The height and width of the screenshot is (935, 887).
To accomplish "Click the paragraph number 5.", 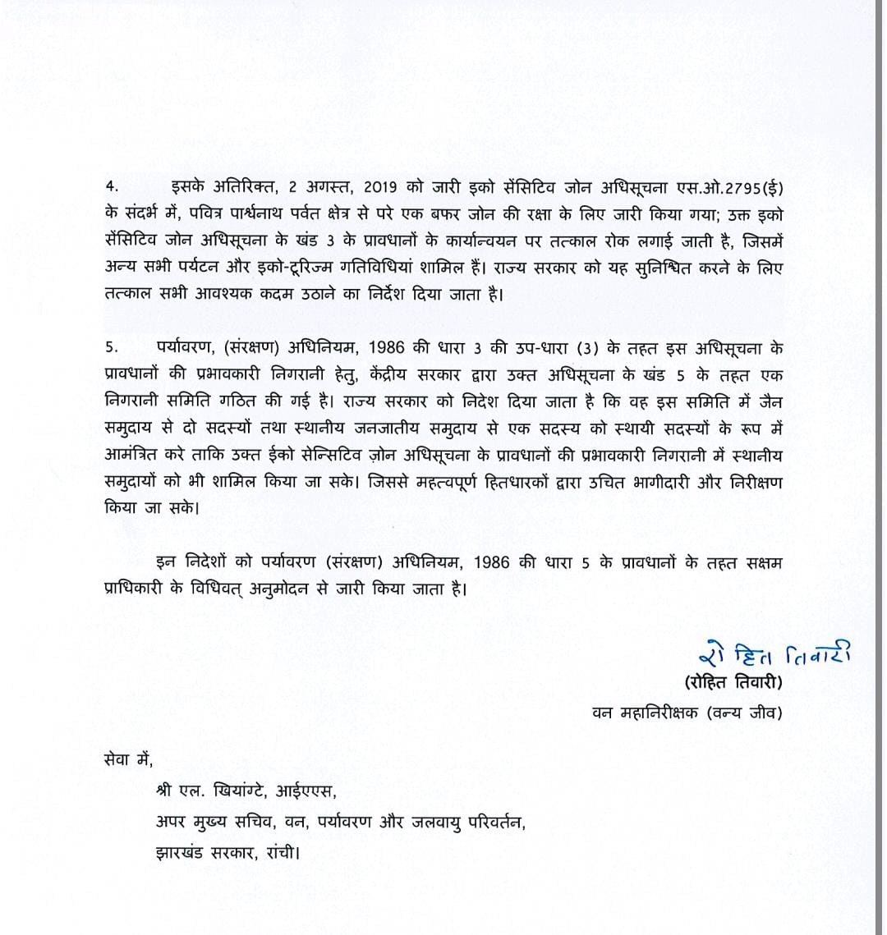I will (111, 347).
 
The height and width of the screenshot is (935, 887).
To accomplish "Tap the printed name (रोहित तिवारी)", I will (733, 682).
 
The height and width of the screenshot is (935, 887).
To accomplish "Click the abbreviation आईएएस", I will (311, 792).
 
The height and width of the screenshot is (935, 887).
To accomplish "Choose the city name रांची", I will (280, 850).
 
